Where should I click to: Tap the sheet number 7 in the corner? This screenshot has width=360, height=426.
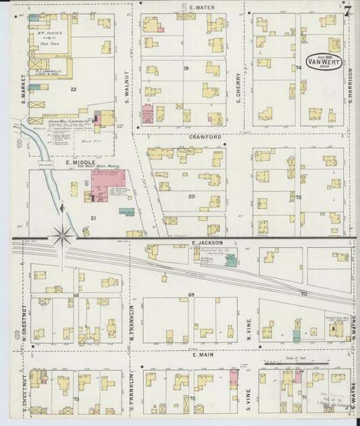[347, 11]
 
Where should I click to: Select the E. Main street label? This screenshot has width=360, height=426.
[203, 354]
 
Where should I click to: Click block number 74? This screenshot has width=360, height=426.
[297, 68]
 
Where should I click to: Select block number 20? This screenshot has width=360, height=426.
[191, 196]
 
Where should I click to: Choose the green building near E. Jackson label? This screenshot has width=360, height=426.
[232, 261]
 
